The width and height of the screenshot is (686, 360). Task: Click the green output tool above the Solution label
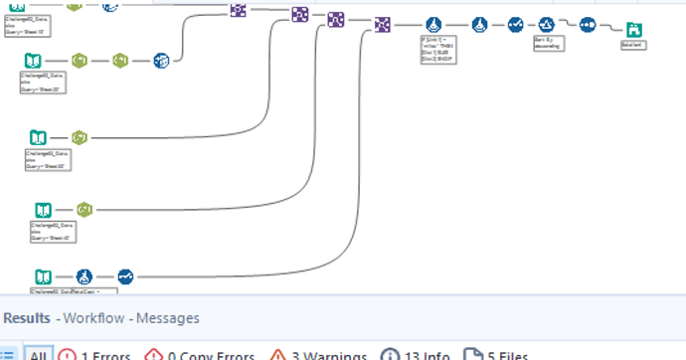click(632, 30)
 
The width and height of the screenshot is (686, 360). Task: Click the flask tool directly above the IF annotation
click(432, 25)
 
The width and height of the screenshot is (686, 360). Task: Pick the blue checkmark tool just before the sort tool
click(514, 25)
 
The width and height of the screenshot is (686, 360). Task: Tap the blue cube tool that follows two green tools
click(161, 61)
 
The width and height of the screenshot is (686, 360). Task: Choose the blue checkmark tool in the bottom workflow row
click(125, 276)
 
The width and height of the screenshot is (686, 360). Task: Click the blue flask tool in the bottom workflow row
click(85, 276)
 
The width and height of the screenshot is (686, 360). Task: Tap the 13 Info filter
click(419, 354)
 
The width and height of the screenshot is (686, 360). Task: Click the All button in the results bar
click(37, 354)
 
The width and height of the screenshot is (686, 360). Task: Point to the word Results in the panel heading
click(27, 318)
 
